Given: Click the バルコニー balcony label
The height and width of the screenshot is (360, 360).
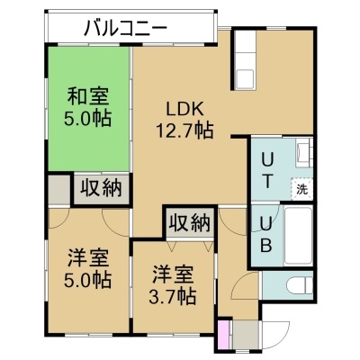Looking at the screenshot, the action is pyautogui.click(x=125, y=29).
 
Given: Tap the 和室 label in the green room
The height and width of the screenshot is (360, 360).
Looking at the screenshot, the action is pyautogui.click(x=87, y=95).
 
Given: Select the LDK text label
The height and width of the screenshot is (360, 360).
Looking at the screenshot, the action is pyautogui.click(x=185, y=110).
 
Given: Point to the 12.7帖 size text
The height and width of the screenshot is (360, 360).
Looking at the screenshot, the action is pyautogui.click(x=184, y=130).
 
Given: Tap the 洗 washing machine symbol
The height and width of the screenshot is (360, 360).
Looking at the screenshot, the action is pyautogui.click(x=301, y=189).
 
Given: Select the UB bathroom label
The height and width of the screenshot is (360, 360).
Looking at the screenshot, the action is pyautogui.click(x=265, y=235).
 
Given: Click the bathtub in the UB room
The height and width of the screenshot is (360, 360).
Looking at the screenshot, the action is pyautogui.click(x=298, y=236).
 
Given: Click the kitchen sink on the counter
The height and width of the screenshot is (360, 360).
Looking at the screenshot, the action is pyautogui.click(x=246, y=79).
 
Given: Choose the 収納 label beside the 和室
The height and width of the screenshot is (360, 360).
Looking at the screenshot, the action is pyautogui.click(x=101, y=189).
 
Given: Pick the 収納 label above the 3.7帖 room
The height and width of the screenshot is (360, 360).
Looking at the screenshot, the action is pyautogui.click(x=189, y=222).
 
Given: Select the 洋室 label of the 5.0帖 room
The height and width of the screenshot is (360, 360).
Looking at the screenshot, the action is pyautogui.click(x=87, y=258).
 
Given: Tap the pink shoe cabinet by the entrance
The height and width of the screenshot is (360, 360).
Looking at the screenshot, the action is pyautogui.click(x=223, y=335).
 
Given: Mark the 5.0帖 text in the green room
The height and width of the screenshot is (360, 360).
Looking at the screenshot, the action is pyautogui.click(x=87, y=118).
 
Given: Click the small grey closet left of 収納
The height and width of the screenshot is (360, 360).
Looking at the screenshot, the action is pyautogui.click(x=59, y=190).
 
